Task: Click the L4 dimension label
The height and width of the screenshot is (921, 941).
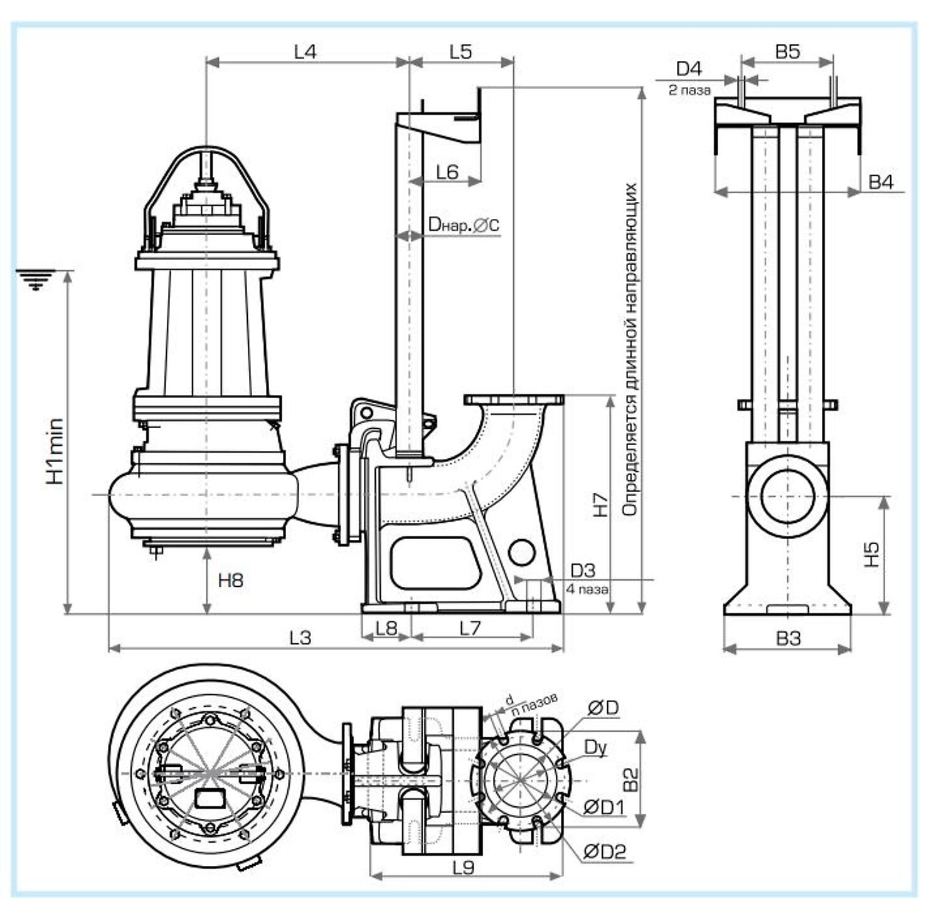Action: [306, 51]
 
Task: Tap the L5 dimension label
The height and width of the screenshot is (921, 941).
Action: [460, 51]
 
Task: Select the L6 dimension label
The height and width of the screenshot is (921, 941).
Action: [447, 171]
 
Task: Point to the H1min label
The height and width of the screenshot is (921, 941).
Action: [56, 451]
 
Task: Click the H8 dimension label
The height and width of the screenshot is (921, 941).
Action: [230, 580]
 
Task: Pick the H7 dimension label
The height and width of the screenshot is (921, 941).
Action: [600, 505]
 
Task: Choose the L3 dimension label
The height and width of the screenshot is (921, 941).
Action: [300, 638]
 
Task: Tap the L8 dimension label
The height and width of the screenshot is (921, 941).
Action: [386, 628]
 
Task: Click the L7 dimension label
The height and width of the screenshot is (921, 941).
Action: [470, 628]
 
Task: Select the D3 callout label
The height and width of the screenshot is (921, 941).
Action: [583, 571]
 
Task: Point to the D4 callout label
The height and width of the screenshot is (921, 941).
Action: [689, 68]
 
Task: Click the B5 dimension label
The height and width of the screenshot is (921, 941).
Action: [787, 51]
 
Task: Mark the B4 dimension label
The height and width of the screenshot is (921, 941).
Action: [881, 182]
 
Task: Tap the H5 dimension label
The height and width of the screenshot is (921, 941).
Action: [872, 554]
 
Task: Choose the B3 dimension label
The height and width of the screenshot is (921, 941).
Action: [788, 638]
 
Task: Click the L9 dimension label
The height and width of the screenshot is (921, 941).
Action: [463, 867]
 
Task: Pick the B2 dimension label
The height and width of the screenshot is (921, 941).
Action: [630, 779]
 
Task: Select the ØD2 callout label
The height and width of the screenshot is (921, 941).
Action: [605, 851]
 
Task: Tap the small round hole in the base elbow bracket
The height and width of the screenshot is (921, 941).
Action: [521, 552]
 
